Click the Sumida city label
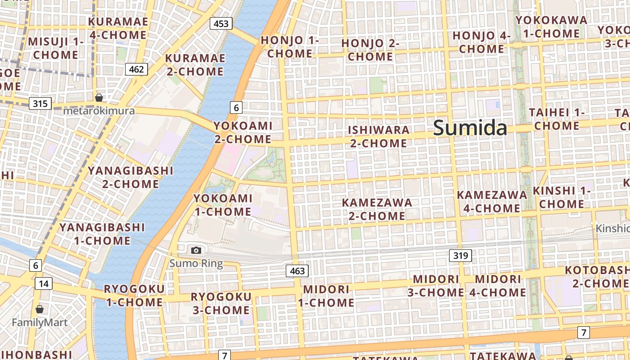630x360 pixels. tap(470, 129)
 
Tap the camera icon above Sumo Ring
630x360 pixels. tap(196, 250)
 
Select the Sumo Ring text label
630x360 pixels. tap(196, 264)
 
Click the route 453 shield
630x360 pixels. tap(221, 23)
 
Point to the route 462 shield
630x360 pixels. tap(136, 69)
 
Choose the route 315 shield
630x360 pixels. tap(40, 104)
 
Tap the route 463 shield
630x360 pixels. tap(297, 270)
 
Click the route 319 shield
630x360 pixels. tap(460, 256)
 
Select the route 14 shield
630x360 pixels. tap(43, 283)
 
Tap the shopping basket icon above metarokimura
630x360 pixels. tap(99, 98)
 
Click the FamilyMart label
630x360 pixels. tap(40, 323)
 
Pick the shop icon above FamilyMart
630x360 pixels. tap(40, 309)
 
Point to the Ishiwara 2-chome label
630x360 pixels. tap(378, 137)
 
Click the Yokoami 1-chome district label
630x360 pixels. tap(223, 205)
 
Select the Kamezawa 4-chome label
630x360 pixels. tap(492, 202)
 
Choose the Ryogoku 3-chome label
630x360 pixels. tap(221, 303)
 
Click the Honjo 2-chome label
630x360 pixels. tap(370, 50)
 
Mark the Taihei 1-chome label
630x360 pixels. tap(557, 119)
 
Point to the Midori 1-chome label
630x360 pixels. tap(326, 296)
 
